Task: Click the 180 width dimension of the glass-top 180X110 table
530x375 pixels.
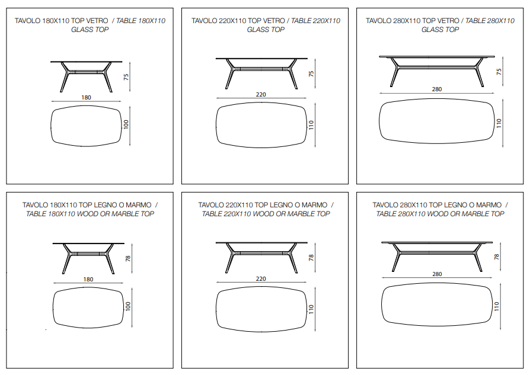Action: pyautogui.click(x=86, y=97)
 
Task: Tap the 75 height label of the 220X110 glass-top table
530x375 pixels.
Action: pyautogui.click(x=311, y=73)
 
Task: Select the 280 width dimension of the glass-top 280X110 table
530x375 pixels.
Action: pyautogui.click(x=437, y=89)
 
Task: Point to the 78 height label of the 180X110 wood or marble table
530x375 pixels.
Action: pyautogui.click(x=128, y=258)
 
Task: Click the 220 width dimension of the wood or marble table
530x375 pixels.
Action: pyautogui.click(x=261, y=278)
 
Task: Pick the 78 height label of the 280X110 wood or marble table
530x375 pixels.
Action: pyautogui.click(x=497, y=257)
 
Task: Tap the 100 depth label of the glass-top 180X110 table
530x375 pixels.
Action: pyautogui.click(x=126, y=124)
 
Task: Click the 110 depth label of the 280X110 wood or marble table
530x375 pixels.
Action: pyautogui.click(x=496, y=306)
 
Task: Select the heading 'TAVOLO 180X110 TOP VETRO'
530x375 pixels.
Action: pyautogui.click(x=61, y=21)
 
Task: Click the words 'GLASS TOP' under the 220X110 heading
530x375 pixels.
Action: pyautogui.click(x=266, y=30)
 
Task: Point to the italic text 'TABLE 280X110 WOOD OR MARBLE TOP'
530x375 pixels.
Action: pyautogui.click(x=440, y=214)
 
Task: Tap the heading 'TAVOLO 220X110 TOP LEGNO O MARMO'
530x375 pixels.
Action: pyautogui.click(x=263, y=205)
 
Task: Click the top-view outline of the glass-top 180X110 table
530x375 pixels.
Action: pyautogui.click(x=51, y=126)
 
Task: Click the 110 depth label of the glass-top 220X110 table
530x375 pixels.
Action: pyautogui.click(x=311, y=125)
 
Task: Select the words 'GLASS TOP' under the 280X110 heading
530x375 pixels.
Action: pyautogui.click(x=440, y=30)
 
